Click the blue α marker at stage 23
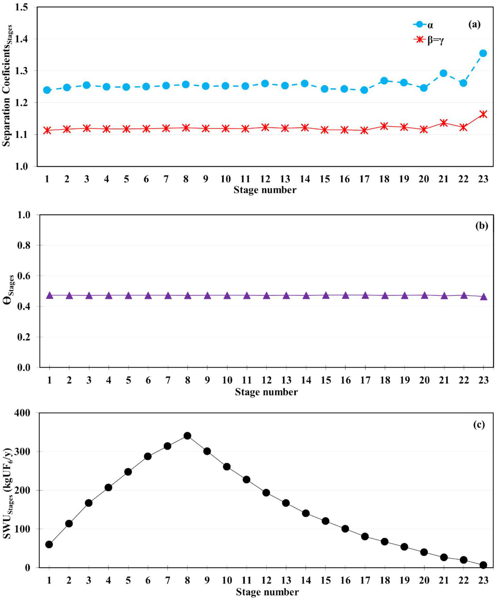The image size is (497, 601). [x=483, y=53]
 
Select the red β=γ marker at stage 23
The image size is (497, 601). [x=483, y=114]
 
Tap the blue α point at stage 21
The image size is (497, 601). [x=443, y=73]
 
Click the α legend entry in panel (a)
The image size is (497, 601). [x=423, y=25]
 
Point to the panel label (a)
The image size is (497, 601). [x=474, y=24]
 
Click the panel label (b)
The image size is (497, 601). [x=481, y=226]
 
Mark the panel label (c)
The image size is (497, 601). [x=479, y=425]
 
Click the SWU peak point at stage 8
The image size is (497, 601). [x=187, y=436]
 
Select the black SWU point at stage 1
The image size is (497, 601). [x=49, y=544]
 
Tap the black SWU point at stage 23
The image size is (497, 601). [x=483, y=565]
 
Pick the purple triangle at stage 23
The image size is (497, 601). [x=483, y=297]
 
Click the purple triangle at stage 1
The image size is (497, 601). [x=49, y=295]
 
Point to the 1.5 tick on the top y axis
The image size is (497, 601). [x=21, y=7]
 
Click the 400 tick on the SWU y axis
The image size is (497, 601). [x=22, y=413]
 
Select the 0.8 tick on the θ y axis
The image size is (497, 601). [x=24, y=245]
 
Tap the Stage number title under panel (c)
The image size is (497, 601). [x=267, y=592]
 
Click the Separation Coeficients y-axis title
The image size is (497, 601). [x=7, y=86]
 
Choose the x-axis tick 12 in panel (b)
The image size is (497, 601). [x=266, y=380]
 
